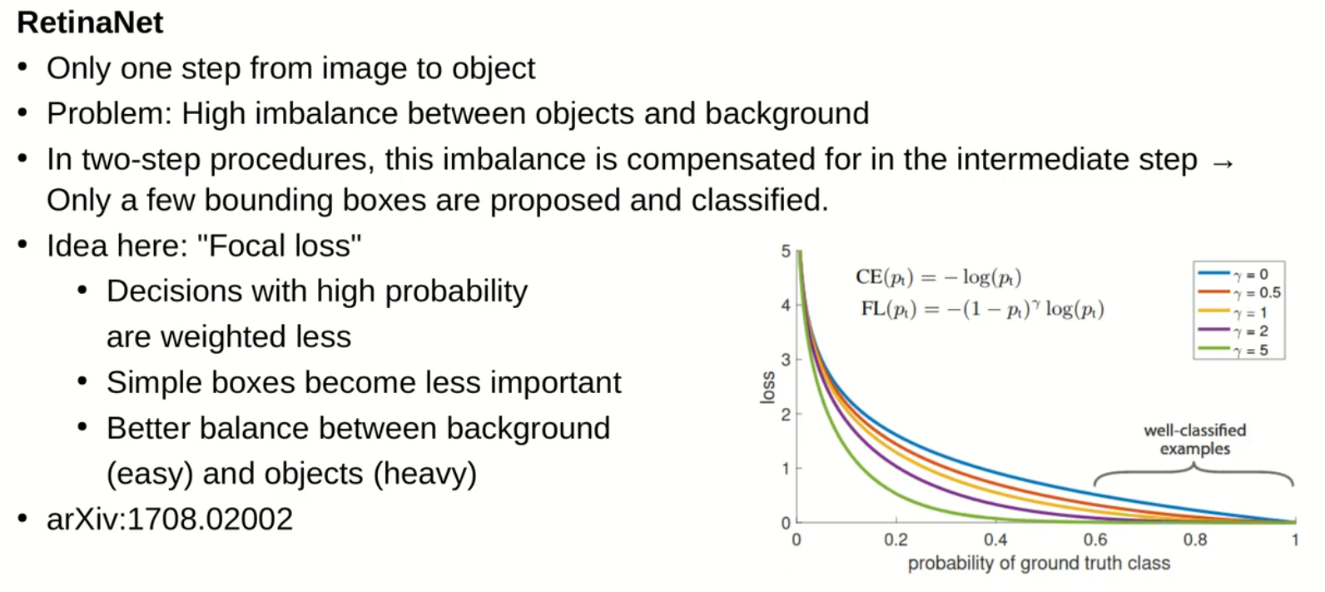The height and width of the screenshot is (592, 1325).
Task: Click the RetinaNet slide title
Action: click(90, 23)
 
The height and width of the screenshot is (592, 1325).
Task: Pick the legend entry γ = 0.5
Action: click(1239, 292)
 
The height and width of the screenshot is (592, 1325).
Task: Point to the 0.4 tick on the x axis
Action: click(995, 540)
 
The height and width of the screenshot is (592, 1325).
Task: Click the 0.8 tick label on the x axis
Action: click(1195, 540)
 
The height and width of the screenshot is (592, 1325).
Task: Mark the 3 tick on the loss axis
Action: click(786, 360)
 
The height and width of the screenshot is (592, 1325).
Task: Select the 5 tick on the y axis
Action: click(786, 251)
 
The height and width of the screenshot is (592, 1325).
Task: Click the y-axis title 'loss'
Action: click(767, 388)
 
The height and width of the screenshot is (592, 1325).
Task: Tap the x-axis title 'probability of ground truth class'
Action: click(1039, 563)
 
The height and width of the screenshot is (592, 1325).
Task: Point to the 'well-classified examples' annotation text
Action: click(1195, 440)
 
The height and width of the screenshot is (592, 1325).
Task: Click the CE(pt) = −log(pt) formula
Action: click(939, 277)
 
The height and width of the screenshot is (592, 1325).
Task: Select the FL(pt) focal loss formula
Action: click(982, 309)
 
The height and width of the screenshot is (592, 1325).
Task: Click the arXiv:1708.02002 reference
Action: click(170, 520)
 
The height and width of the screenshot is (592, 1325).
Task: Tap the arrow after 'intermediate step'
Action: click(1223, 163)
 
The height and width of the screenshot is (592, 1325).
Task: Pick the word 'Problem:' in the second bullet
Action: click(109, 113)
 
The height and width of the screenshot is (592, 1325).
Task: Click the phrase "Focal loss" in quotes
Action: click(279, 246)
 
